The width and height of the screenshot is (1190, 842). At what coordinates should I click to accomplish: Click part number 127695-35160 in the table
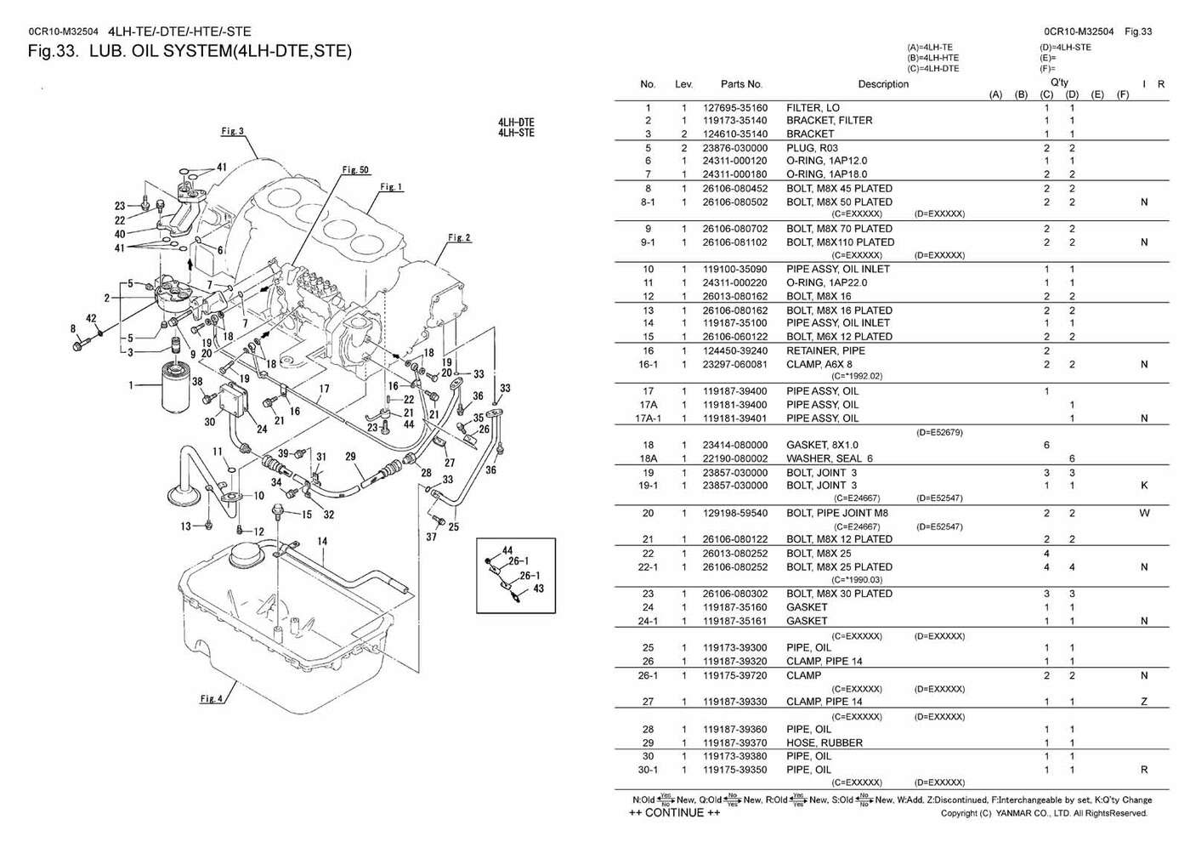(734, 108)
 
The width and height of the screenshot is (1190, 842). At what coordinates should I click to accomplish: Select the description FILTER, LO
(813, 108)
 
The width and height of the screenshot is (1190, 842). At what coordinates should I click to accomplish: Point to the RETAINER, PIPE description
(824, 350)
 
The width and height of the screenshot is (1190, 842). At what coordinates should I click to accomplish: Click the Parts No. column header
(741, 84)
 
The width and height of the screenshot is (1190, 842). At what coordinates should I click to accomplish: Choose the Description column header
(882, 84)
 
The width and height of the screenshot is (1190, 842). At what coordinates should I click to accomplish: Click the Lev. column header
(683, 84)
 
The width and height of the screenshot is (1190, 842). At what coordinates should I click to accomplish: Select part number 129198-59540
(734, 513)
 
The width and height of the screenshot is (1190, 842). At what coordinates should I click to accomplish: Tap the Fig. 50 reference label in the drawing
(355, 170)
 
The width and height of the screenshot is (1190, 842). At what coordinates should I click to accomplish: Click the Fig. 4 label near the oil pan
(212, 699)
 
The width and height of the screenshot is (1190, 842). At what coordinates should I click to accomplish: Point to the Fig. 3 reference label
(232, 131)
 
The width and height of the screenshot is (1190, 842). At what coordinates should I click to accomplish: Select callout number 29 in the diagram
(349, 457)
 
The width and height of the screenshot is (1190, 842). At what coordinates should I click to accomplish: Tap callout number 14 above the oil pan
(322, 541)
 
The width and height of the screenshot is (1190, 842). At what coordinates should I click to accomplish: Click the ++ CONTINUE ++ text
(675, 813)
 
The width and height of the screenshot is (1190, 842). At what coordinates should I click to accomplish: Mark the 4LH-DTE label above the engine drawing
(516, 122)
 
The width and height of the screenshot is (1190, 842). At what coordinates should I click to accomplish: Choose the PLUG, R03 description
(813, 148)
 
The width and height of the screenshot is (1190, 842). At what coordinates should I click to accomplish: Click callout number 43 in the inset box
(538, 589)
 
